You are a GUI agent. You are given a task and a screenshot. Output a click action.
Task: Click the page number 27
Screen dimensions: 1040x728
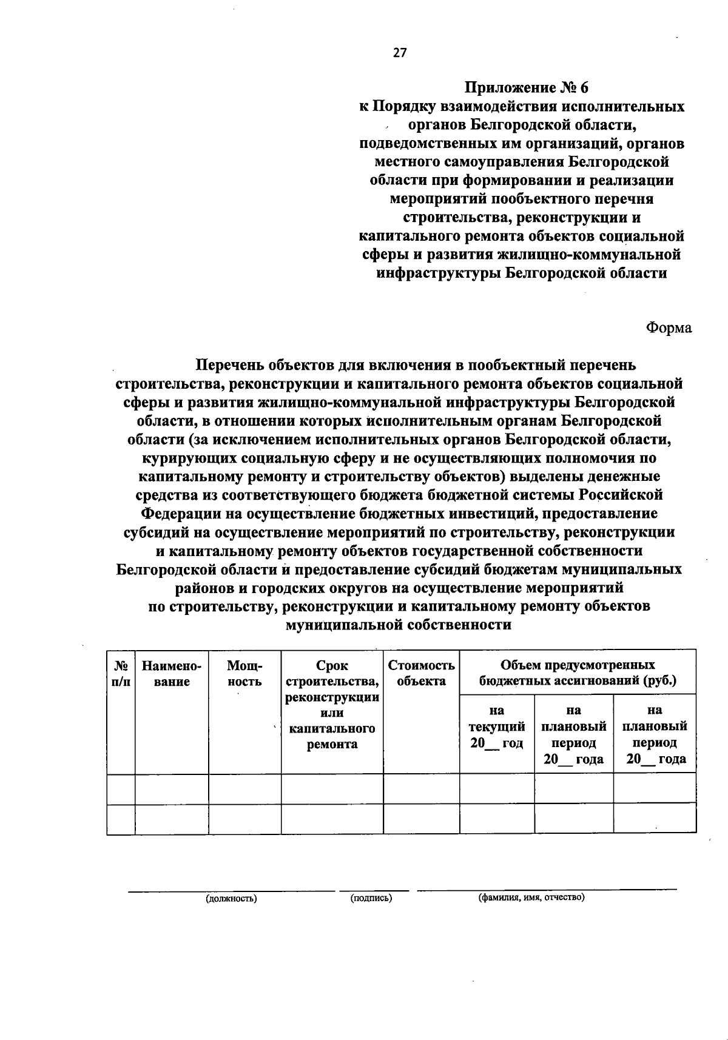[400, 53]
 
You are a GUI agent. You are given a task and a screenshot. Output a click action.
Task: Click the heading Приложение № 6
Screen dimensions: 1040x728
[527, 87]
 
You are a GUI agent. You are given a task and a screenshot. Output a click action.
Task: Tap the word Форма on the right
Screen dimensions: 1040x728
[669, 327]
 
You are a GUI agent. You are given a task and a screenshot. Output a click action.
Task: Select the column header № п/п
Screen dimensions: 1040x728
[120, 674]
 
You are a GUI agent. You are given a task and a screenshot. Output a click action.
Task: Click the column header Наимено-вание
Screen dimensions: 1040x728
[172, 674]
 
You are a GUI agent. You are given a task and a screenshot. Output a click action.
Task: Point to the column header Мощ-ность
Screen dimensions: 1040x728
[244, 674]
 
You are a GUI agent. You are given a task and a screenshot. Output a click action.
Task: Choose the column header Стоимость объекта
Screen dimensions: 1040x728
[421, 673]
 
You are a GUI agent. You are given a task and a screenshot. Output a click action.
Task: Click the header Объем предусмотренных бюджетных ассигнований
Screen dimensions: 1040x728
[577, 673]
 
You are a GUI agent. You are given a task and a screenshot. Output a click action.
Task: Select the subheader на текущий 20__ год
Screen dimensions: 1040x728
[497, 726]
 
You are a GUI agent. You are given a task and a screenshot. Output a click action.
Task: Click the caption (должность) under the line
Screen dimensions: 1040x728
[231, 899]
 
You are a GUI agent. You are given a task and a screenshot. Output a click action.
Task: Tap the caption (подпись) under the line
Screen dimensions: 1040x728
[371, 898]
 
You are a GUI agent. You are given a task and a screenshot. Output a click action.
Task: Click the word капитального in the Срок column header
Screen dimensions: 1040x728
[332, 728]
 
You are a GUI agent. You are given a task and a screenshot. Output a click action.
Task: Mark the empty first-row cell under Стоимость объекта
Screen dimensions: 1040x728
[421, 789]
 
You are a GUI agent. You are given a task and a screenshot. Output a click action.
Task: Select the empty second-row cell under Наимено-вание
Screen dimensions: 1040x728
[172, 819]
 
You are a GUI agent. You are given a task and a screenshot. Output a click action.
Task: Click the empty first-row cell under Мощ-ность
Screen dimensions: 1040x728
[244, 789]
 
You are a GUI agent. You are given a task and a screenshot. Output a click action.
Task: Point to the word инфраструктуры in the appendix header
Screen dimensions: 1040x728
[439, 273]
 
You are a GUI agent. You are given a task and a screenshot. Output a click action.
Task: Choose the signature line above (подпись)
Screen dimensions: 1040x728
[374, 891]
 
